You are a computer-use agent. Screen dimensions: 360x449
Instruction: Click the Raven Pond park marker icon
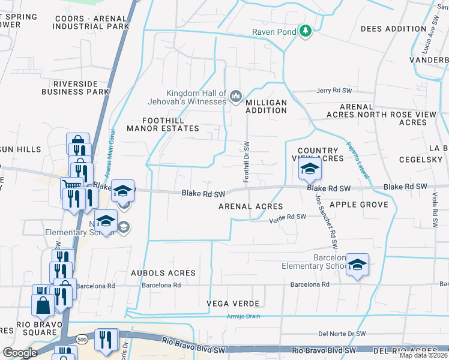click(x=306, y=31)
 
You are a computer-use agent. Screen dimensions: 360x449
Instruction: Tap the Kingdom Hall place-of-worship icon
click(x=236, y=95)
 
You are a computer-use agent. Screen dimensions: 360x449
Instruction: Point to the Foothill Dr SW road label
click(x=246, y=162)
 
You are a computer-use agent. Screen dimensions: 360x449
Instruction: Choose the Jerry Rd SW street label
click(x=334, y=90)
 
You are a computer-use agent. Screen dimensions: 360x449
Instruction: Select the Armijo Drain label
click(x=243, y=316)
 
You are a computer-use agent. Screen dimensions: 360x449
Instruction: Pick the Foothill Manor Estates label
click(x=155, y=124)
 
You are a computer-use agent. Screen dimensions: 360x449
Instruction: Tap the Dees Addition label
click(x=393, y=29)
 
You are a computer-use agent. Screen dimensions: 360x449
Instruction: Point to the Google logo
click(x=20, y=353)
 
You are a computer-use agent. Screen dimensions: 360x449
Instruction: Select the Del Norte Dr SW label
click(x=342, y=334)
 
